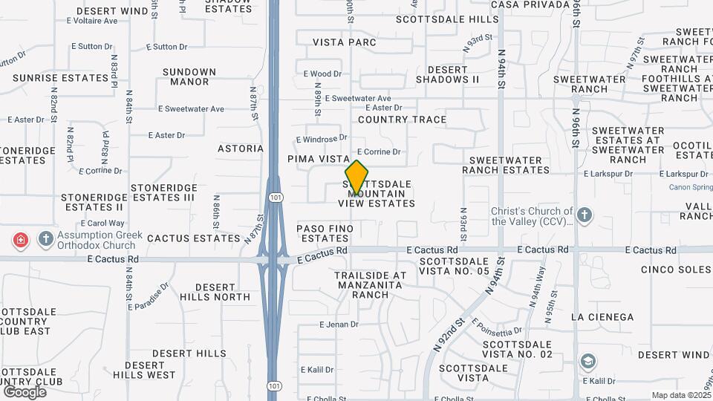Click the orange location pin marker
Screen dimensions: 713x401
pos(356,177)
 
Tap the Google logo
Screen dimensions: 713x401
pos(25,391)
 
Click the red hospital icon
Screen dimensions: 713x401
pos(21,240)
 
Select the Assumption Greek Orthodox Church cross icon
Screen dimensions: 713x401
pos(45,239)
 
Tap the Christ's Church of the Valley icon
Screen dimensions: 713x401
pos(585,215)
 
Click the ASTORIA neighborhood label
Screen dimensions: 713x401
pos(240,149)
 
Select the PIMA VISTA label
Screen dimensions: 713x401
pos(318,159)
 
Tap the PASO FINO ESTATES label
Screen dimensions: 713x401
pos(323,233)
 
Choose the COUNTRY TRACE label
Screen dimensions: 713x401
pos(402,120)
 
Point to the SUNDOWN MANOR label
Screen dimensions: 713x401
pos(189,76)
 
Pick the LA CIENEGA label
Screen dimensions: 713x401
pos(602,317)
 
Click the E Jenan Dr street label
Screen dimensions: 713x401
pos(339,325)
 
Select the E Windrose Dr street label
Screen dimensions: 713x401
pos(322,139)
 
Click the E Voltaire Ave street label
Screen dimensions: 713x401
pos(91,22)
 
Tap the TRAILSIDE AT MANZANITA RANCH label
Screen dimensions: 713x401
pos(371,284)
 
